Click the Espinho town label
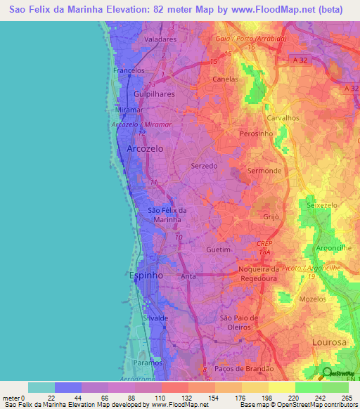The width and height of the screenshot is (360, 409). (x=146, y=276)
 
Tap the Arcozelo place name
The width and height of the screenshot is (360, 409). (x=146, y=149)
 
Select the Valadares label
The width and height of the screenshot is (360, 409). (x=160, y=40)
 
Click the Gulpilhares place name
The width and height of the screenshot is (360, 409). (x=155, y=92)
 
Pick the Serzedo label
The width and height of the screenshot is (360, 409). (x=205, y=166)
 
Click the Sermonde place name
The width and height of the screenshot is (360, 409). (x=265, y=171)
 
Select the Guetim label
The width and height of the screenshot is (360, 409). (x=219, y=249)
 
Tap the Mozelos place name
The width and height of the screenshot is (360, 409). (x=314, y=299)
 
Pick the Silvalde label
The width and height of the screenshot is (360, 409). (x=155, y=318)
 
